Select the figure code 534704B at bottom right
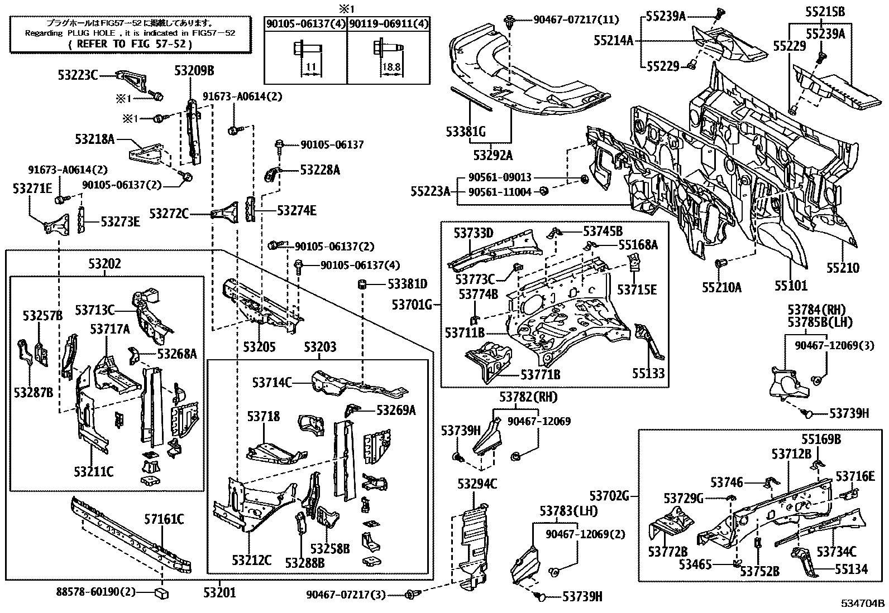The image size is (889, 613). click(x=863, y=604)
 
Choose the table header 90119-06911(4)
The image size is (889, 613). click(x=389, y=23)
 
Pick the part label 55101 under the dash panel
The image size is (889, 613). click(x=790, y=286)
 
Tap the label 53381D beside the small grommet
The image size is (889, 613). click(x=407, y=284)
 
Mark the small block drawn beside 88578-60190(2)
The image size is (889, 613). click(x=162, y=592)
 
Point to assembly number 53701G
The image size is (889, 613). click(x=412, y=305)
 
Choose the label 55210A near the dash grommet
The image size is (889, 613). click(x=721, y=288)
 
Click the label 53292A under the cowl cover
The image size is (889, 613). click(x=493, y=155)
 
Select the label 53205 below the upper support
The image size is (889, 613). click(x=259, y=347)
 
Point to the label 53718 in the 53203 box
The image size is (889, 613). click(x=264, y=417)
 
